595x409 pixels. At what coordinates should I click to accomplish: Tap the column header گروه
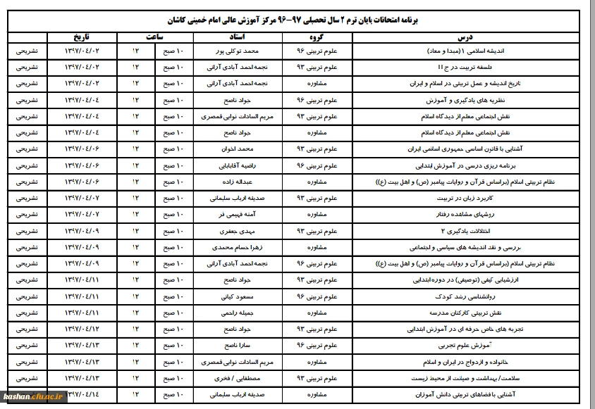(x=314, y=37)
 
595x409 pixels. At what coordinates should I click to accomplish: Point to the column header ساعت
(x=156, y=37)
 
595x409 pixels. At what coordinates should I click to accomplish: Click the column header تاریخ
(x=79, y=37)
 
